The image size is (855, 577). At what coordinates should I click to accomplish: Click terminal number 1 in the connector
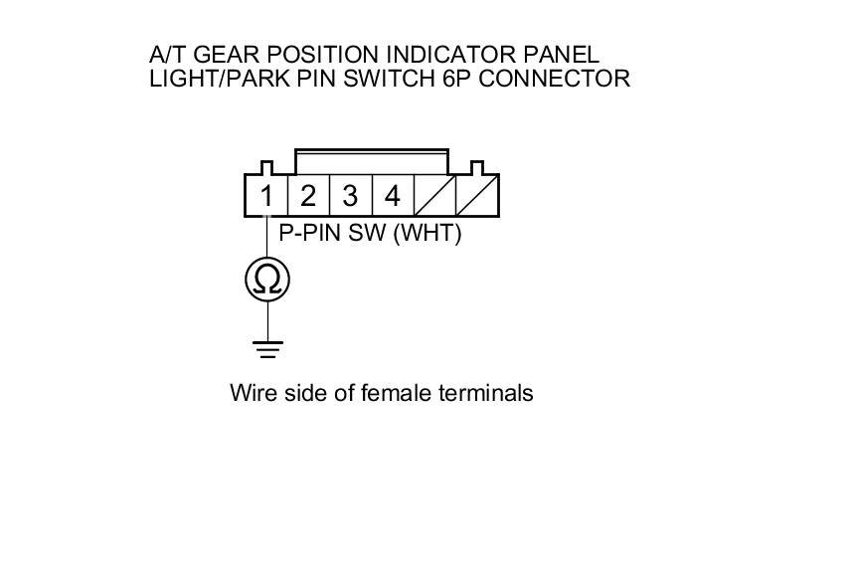coord(266,196)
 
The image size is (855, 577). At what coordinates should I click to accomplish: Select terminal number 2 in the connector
coord(308,196)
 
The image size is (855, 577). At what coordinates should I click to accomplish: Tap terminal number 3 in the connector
coord(350,196)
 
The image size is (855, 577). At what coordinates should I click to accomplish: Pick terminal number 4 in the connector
coord(393,196)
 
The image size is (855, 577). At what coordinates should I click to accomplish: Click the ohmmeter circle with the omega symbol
coord(267,281)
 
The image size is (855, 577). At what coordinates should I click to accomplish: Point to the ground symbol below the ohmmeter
coord(267,348)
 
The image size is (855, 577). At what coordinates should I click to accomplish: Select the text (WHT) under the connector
coord(428,236)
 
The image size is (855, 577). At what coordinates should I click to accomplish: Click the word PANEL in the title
coord(566,54)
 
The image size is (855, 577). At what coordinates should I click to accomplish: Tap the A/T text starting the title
coord(164,54)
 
